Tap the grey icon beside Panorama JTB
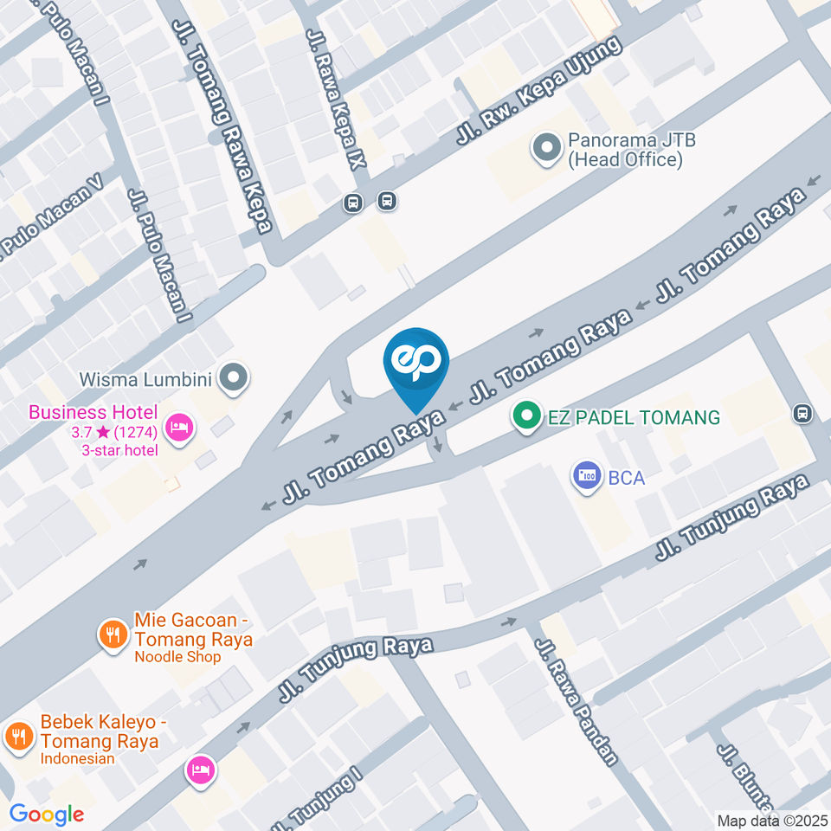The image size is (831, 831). [x=546, y=149]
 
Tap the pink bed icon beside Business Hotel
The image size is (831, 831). [x=179, y=426]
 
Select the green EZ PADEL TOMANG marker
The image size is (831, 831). [x=525, y=417]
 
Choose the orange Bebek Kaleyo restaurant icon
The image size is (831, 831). [x=18, y=737]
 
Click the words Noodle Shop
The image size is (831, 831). [x=177, y=657]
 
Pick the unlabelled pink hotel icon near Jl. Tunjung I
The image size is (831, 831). [x=201, y=769]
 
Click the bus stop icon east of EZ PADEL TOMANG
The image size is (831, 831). [x=803, y=414]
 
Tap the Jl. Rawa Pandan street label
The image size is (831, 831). [x=577, y=702]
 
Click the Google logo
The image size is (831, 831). [x=47, y=814]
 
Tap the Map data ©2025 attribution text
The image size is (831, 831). [x=771, y=820]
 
